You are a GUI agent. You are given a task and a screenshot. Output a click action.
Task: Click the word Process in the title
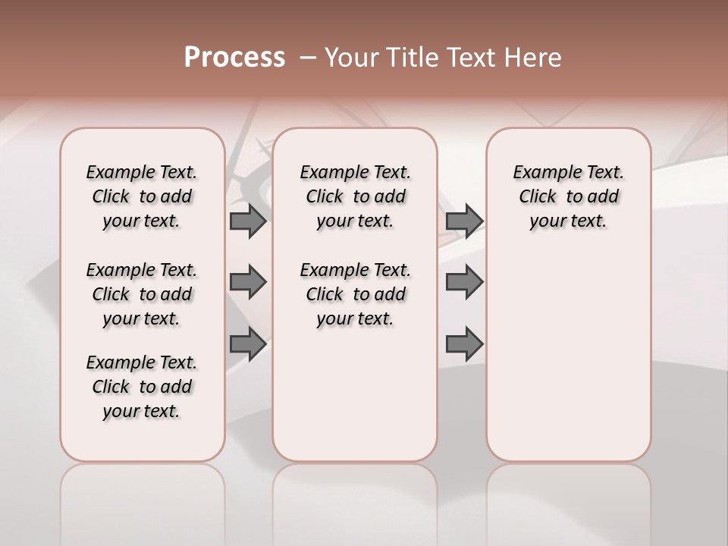tap(234, 57)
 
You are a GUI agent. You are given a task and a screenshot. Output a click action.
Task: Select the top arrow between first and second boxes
tap(248, 221)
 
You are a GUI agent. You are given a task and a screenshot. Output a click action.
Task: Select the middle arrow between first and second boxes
tap(248, 282)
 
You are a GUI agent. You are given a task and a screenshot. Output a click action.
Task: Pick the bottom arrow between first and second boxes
tap(248, 344)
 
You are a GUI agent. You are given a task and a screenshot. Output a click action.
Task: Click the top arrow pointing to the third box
tap(464, 221)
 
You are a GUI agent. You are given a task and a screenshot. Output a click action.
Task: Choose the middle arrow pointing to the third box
tap(464, 282)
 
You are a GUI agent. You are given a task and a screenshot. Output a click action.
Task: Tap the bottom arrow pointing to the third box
tap(464, 344)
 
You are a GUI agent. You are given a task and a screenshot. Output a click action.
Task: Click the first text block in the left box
tap(142, 196)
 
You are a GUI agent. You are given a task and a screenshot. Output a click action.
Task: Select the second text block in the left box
tap(142, 294)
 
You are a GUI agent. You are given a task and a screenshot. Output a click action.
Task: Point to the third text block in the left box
tap(142, 387)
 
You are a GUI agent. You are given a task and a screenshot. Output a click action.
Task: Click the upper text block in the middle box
tap(356, 196)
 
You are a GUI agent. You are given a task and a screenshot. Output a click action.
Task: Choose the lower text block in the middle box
tap(356, 294)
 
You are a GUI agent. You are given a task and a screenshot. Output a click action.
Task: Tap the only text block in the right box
tap(569, 196)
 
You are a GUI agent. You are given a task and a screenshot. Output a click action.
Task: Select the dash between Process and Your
tap(308, 58)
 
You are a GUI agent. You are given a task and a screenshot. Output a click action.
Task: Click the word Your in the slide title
tap(352, 58)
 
